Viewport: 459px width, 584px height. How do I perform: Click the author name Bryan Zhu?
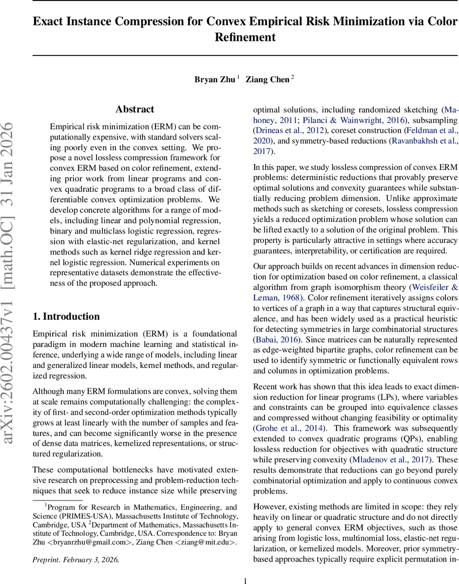[215, 79]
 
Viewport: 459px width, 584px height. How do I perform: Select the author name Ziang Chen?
[268, 79]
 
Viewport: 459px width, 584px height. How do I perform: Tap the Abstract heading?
[135, 109]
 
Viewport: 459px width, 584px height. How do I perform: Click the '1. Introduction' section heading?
[66, 316]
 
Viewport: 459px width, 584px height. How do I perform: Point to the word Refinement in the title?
[245, 37]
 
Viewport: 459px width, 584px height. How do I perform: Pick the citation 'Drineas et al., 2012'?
[289, 130]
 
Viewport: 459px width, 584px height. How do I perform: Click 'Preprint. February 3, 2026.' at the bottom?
[76, 560]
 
